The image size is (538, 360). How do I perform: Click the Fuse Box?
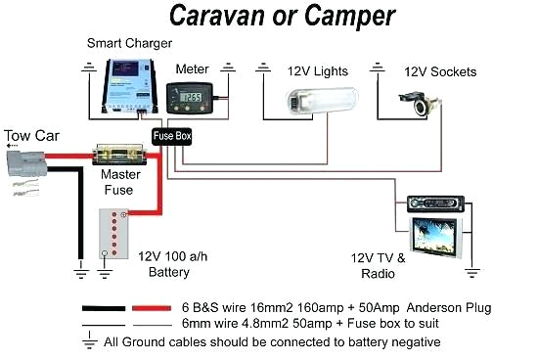[x=171, y=136]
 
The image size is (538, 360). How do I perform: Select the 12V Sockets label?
[x=440, y=71]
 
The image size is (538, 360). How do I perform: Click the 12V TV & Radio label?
[x=378, y=265]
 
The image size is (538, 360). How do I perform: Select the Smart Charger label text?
[x=130, y=43]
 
